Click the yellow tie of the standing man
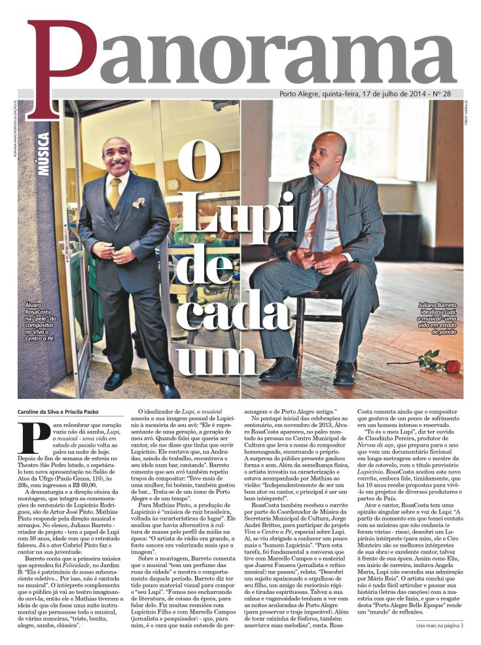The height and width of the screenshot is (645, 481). (x=115, y=193)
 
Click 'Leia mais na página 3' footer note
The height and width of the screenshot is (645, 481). (x=439, y=625)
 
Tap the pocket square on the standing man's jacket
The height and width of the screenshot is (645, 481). (x=139, y=202)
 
